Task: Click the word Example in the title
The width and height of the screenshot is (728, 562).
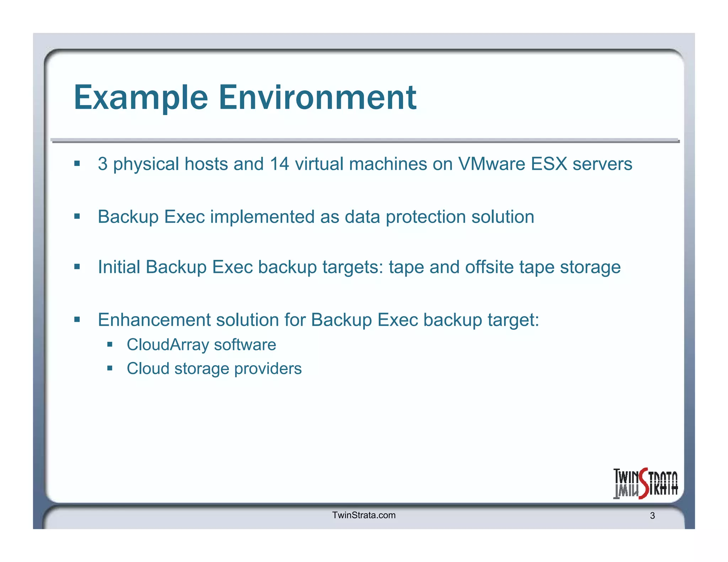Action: coord(141,98)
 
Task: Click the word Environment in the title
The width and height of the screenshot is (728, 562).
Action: coord(317,98)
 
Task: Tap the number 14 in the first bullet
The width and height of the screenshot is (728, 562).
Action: coord(279,164)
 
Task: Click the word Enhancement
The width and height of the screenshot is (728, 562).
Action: coord(154,320)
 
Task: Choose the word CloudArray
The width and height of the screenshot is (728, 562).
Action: coord(168,345)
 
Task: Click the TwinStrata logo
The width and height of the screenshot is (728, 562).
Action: coord(645,483)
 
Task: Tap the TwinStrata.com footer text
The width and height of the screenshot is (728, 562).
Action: coord(364,515)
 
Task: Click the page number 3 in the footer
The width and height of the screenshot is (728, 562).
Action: coord(652,516)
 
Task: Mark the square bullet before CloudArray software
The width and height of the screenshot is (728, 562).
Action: coord(110,344)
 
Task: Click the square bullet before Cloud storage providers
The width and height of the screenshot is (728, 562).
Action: coord(110,368)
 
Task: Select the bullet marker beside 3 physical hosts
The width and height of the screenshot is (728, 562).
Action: coord(77,164)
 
